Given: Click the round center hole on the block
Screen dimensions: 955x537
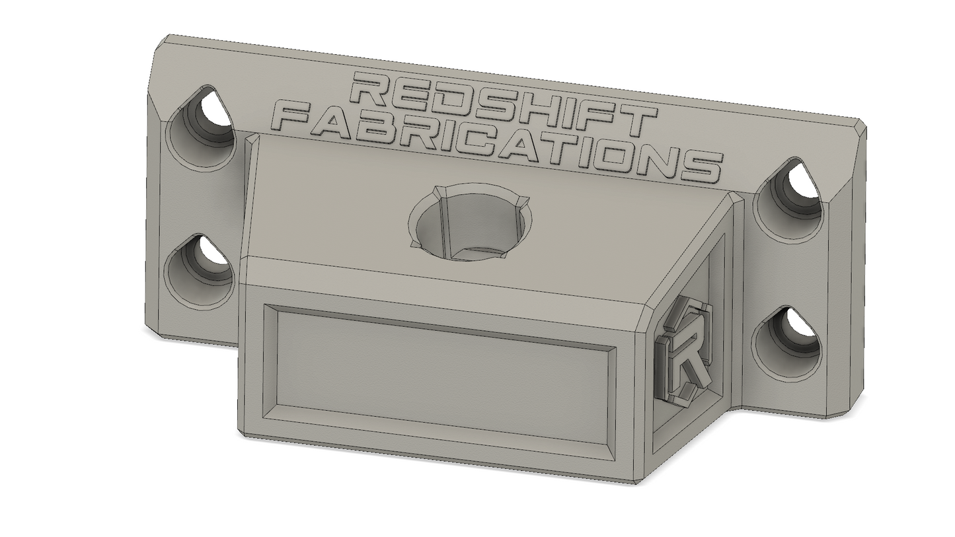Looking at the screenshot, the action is pyautogui.click(x=469, y=223).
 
